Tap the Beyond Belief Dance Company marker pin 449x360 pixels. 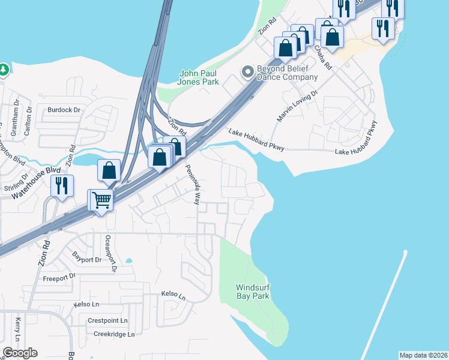247,73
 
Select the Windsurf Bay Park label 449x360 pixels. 253,292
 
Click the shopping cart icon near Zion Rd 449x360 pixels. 102,200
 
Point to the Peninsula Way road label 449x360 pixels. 192,185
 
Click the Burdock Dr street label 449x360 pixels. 64,110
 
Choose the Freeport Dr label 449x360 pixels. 59,277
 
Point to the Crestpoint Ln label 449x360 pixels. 107,321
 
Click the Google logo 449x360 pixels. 20,353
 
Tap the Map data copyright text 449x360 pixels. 423,355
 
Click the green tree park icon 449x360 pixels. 3,70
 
